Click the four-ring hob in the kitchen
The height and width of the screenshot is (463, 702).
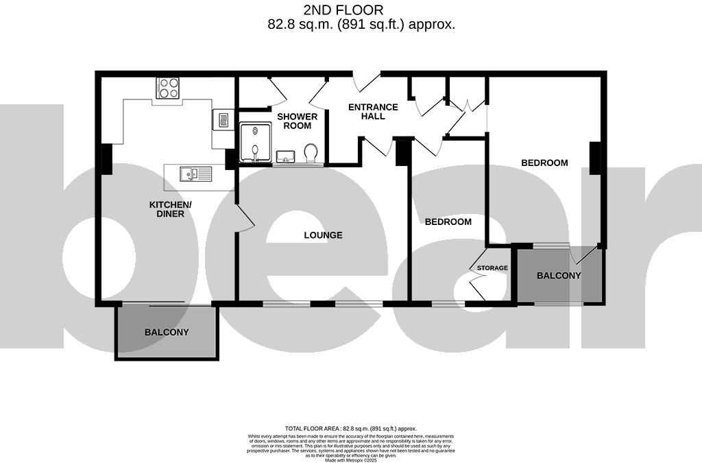[x=168, y=88]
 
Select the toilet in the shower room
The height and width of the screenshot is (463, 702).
[x=311, y=153]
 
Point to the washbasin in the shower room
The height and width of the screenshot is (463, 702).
[x=285, y=158]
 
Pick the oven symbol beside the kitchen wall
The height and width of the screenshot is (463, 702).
[x=223, y=120]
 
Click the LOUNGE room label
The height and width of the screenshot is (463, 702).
[x=323, y=235]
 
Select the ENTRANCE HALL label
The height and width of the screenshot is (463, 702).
[x=373, y=112]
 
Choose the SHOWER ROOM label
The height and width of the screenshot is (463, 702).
[x=298, y=121]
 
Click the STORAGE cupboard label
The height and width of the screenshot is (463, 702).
[x=492, y=268]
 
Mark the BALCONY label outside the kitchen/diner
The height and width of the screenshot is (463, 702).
[x=167, y=332]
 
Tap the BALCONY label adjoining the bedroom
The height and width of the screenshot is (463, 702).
[x=559, y=276]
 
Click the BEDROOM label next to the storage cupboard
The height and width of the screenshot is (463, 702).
[x=448, y=222]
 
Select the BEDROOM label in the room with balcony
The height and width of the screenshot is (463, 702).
[x=544, y=163]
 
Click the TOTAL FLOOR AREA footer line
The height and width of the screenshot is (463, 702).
[x=350, y=428]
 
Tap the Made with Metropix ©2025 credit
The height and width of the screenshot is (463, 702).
[x=350, y=460]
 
